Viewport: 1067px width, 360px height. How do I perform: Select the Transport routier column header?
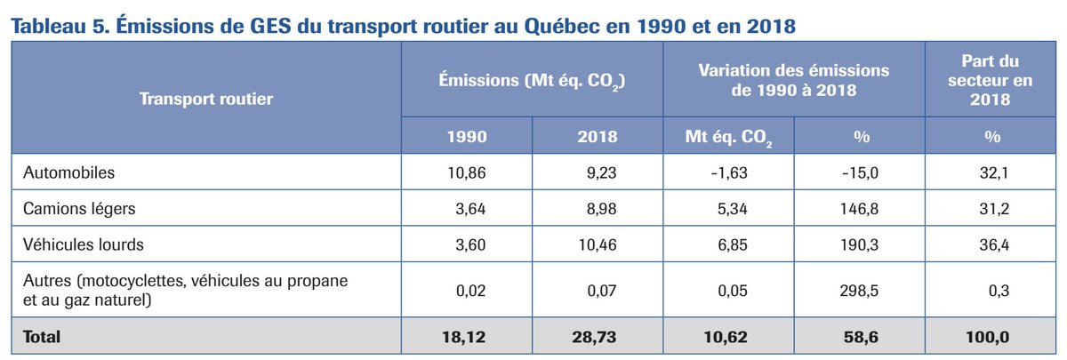pyautogui.click(x=205, y=99)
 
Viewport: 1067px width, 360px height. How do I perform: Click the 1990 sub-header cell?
pyautogui.click(x=467, y=137)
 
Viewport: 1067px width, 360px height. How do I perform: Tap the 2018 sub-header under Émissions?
pyautogui.click(x=597, y=137)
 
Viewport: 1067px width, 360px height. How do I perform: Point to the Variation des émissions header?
pyautogui.click(x=794, y=79)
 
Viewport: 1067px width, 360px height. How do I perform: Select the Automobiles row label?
pyautogui.click(x=69, y=173)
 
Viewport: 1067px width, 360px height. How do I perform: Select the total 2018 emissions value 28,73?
pyautogui.click(x=597, y=338)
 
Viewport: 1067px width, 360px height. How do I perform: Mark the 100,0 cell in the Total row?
pyautogui.click(x=990, y=338)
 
